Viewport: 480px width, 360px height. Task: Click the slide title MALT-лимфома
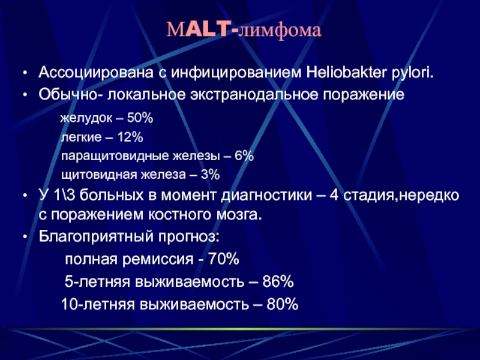[x=244, y=31]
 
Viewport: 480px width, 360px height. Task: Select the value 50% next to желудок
[x=140, y=118]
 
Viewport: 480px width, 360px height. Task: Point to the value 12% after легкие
[x=130, y=137]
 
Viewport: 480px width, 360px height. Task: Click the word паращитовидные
[x=115, y=157]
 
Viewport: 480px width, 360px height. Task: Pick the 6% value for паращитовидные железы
[x=244, y=156]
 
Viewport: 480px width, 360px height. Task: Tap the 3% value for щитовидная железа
[x=210, y=175]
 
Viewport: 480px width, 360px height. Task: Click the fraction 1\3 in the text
[x=65, y=196]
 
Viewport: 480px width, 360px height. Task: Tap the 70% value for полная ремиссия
[x=223, y=259]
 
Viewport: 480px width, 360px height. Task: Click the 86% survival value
[x=278, y=281]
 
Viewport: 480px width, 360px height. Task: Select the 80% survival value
[x=283, y=304]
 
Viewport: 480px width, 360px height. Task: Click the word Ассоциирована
[x=96, y=73]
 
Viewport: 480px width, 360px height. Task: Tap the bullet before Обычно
[x=25, y=95]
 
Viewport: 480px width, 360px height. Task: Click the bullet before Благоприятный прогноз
[x=25, y=237]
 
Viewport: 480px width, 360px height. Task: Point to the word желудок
[x=86, y=118]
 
